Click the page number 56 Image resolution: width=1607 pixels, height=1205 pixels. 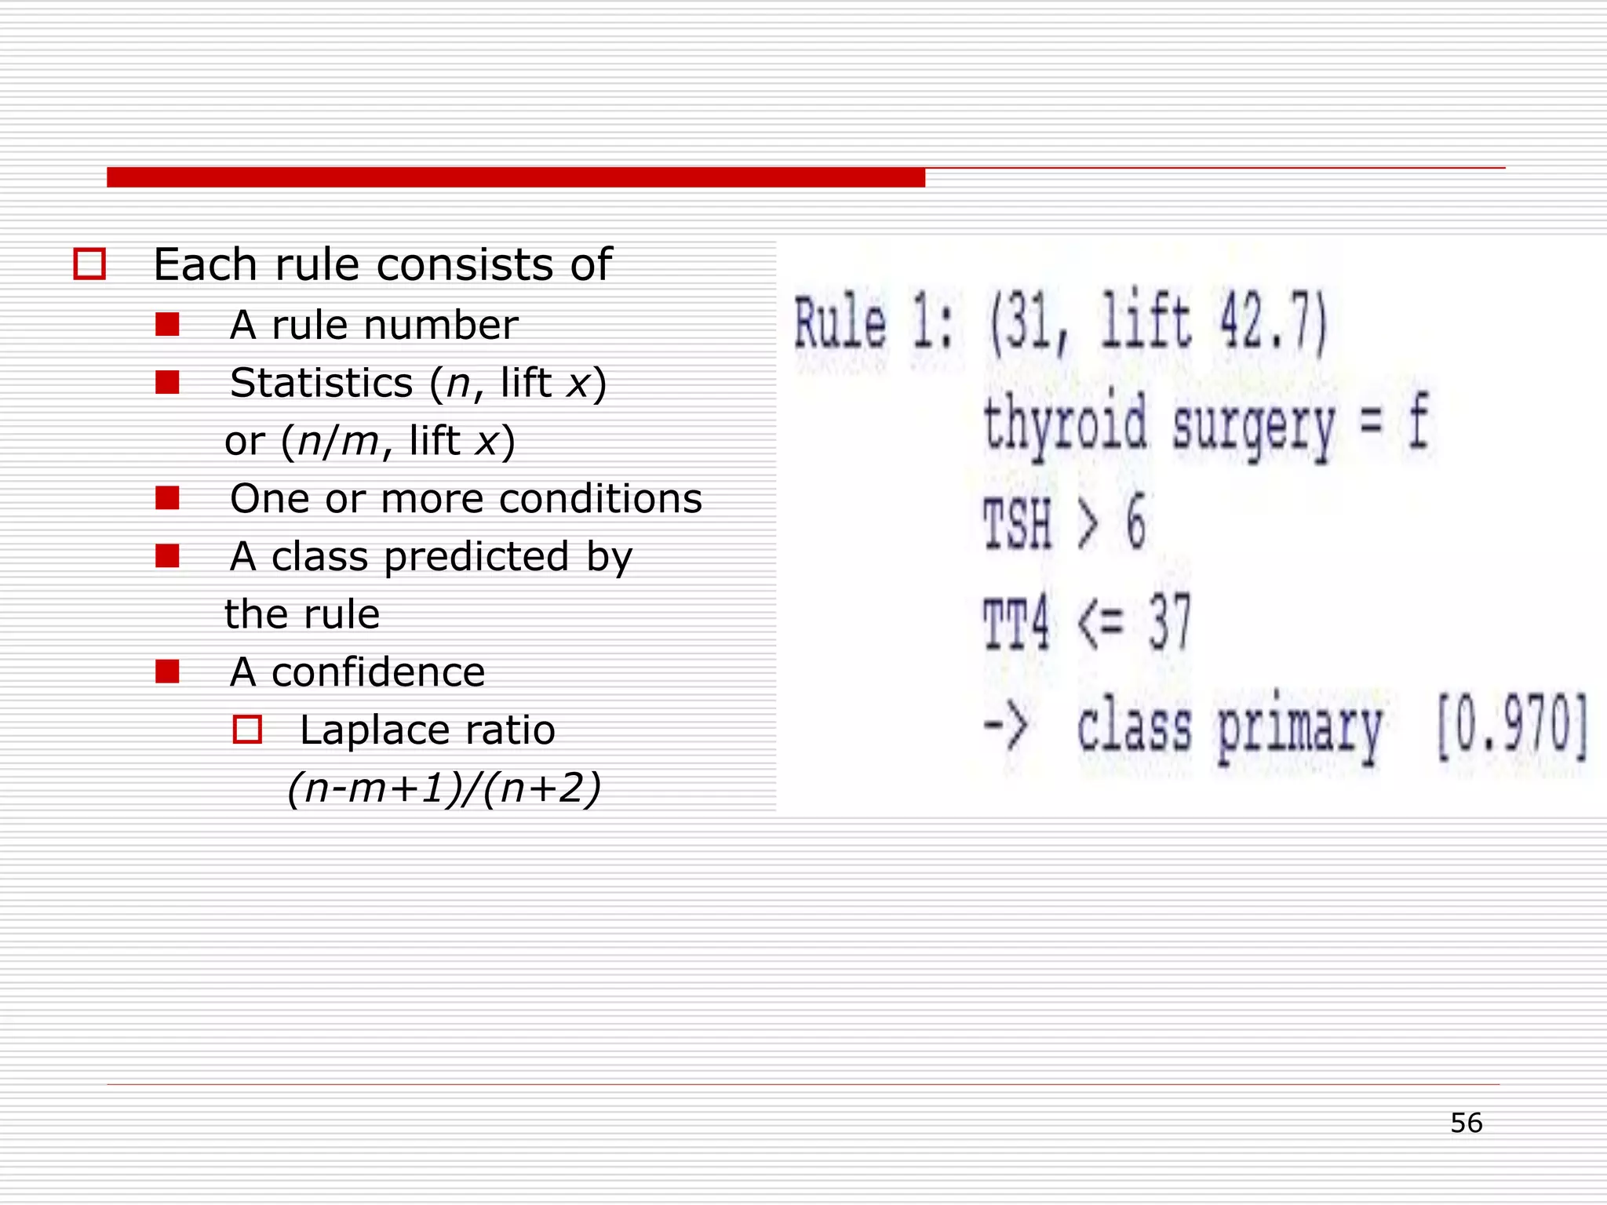pos(1466,1123)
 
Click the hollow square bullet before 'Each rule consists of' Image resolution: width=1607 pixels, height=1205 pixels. pos(89,264)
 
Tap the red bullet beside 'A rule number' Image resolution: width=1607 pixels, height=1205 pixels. pos(167,325)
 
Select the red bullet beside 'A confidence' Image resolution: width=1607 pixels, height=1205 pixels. pos(167,672)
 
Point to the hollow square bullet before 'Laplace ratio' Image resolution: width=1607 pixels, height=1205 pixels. pos(247,730)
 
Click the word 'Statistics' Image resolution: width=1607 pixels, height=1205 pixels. pos(322,383)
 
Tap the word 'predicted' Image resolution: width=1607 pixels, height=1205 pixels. pos(476,557)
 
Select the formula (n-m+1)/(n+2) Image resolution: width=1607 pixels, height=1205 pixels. pos(444,788)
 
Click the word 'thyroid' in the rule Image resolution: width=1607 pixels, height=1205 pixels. pos(1065,424)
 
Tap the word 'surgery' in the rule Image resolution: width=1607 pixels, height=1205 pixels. pos(1253,428)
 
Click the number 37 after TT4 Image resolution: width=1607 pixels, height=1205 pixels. pos(1170,621)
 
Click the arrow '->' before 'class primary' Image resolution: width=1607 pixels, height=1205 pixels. pos(1005,726)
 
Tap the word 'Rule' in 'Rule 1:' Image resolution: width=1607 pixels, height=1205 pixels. pos(840,324)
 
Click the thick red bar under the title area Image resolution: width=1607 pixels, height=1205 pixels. pos(516,177)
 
